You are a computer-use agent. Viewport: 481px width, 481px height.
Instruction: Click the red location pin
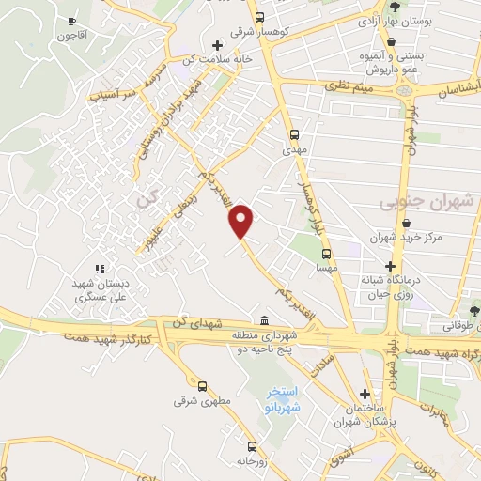coord(242,220)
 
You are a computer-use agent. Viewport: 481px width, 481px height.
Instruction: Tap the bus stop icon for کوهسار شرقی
coord(260,16)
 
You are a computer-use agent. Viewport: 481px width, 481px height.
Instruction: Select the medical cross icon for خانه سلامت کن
coord(217,44)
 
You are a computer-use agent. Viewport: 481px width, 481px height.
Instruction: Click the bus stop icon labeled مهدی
coord(295,133)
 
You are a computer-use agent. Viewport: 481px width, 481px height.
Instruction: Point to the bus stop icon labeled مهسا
coord(326,253)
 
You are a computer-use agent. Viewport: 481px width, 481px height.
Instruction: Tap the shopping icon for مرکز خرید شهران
coord(406,224)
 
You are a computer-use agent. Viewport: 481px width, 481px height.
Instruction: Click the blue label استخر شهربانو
coord(282,396)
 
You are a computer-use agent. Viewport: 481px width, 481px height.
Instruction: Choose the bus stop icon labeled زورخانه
coord(251,445)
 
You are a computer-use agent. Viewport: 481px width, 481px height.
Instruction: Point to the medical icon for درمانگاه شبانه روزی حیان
coord(390,267)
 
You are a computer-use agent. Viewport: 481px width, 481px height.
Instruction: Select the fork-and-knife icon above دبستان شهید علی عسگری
coord(99,269)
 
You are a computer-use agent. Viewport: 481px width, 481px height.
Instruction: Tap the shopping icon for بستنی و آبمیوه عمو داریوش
coord(391,42)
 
